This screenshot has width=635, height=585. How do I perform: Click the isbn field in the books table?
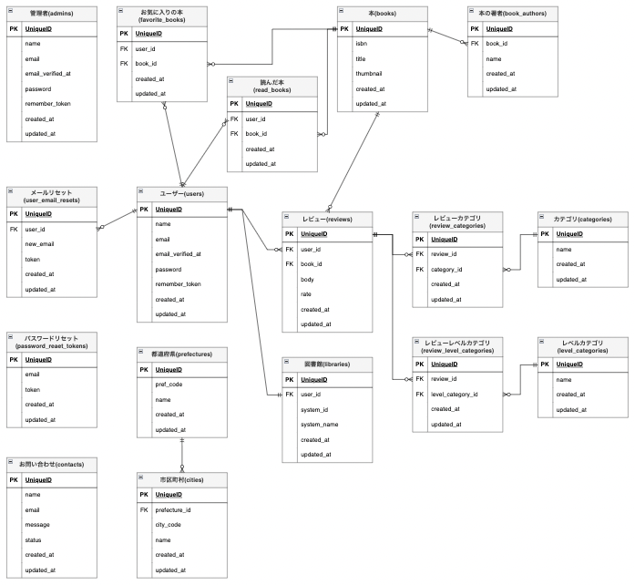362,44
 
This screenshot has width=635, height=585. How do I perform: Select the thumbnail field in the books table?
369,74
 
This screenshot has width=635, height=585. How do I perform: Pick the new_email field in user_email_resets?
41,244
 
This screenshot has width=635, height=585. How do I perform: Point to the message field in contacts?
39,524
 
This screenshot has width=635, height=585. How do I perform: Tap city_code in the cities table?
169,525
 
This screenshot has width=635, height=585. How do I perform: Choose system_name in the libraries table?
320,425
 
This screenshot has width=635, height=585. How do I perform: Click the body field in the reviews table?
307,279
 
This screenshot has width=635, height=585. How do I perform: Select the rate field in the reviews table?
307,293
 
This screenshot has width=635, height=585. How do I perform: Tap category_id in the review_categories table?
446,270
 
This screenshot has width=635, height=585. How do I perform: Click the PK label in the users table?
143,210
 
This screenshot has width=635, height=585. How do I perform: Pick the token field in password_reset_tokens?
32,389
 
